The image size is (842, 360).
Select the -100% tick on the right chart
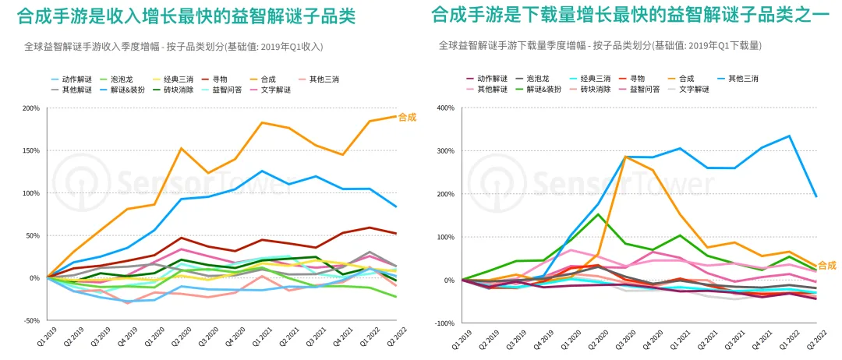pos(445,323)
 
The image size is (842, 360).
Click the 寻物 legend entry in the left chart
pos(217,79)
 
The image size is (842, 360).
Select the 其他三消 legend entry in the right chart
pos(744,79)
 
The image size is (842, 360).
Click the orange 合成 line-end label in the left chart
pos(407,118)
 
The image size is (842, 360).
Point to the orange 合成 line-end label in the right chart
pos(826,266)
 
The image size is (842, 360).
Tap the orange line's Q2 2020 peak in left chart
pos(181,148)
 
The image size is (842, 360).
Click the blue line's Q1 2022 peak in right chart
pos(790,136)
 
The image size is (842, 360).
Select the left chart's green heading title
pos(186,16)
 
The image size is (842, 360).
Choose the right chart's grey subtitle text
pos(600,46)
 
